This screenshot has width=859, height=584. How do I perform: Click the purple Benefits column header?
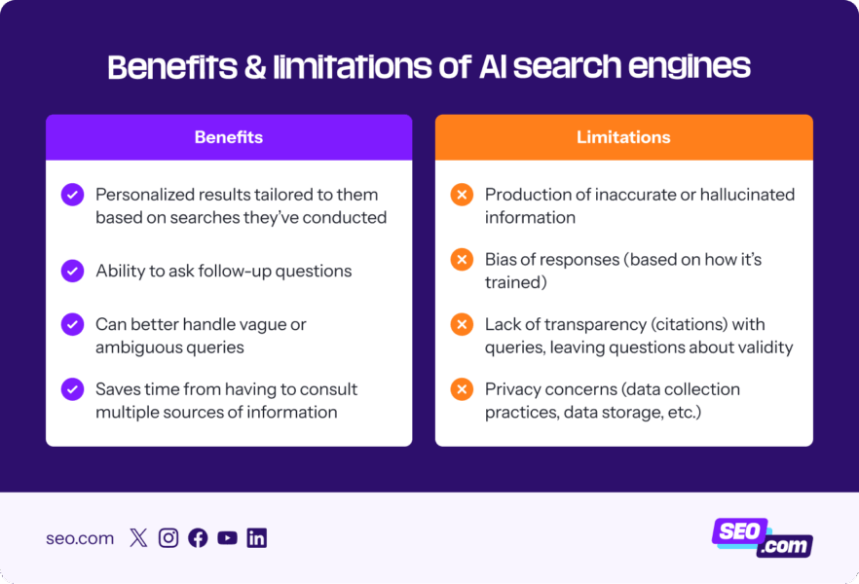229,137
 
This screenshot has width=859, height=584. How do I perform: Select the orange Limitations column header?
623,137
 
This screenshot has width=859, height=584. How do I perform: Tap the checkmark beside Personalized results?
73,195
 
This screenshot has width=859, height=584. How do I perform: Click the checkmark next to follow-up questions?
73,271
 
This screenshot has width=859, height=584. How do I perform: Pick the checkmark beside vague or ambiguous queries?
73,324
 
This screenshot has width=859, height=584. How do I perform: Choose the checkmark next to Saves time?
73,389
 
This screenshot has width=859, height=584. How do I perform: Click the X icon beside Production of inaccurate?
462,195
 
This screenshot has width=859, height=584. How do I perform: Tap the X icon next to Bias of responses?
462,260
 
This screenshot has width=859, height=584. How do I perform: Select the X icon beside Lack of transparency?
462,324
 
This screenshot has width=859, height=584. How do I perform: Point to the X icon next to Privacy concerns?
462,389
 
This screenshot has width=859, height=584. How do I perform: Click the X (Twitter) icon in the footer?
138,538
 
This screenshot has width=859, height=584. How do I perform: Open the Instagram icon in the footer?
168,538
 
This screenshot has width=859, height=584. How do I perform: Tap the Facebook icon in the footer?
198,538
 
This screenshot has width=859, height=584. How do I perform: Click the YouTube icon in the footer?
227,538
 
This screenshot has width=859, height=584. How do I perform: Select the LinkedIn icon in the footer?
257,538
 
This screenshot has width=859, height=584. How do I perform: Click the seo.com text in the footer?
80,538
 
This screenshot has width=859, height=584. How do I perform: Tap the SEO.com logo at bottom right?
763,537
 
